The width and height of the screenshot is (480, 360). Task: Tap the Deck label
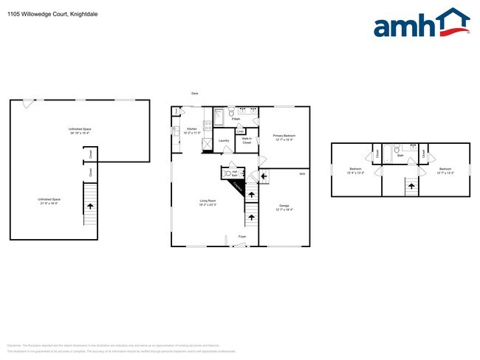[x=195, y=94]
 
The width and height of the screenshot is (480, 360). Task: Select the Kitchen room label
[x=192, y=131]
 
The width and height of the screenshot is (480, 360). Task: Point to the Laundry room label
[x=224, y=140]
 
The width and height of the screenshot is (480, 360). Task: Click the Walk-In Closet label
[x=247, y=141]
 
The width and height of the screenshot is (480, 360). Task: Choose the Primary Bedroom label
[x=284, y=137]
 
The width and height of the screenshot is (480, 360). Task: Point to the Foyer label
[x=241, y=236]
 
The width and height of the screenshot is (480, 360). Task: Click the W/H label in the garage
[x=302, y=174]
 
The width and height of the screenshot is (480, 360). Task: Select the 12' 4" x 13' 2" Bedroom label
[x=355, y=171]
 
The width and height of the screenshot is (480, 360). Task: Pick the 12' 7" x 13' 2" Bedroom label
[x=445, y=171]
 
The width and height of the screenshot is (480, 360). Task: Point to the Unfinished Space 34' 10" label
[x=80, y=131]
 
